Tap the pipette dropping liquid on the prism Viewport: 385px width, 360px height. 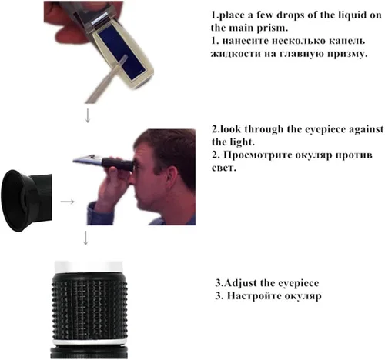105,78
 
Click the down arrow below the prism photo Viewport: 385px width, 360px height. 88,115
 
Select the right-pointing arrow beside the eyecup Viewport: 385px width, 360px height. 67,202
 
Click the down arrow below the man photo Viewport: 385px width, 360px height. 85,238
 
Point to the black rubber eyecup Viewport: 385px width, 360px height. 26,201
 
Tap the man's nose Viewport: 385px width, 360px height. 131,179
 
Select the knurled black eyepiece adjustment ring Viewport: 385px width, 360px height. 89,309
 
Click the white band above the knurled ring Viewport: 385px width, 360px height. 89,267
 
